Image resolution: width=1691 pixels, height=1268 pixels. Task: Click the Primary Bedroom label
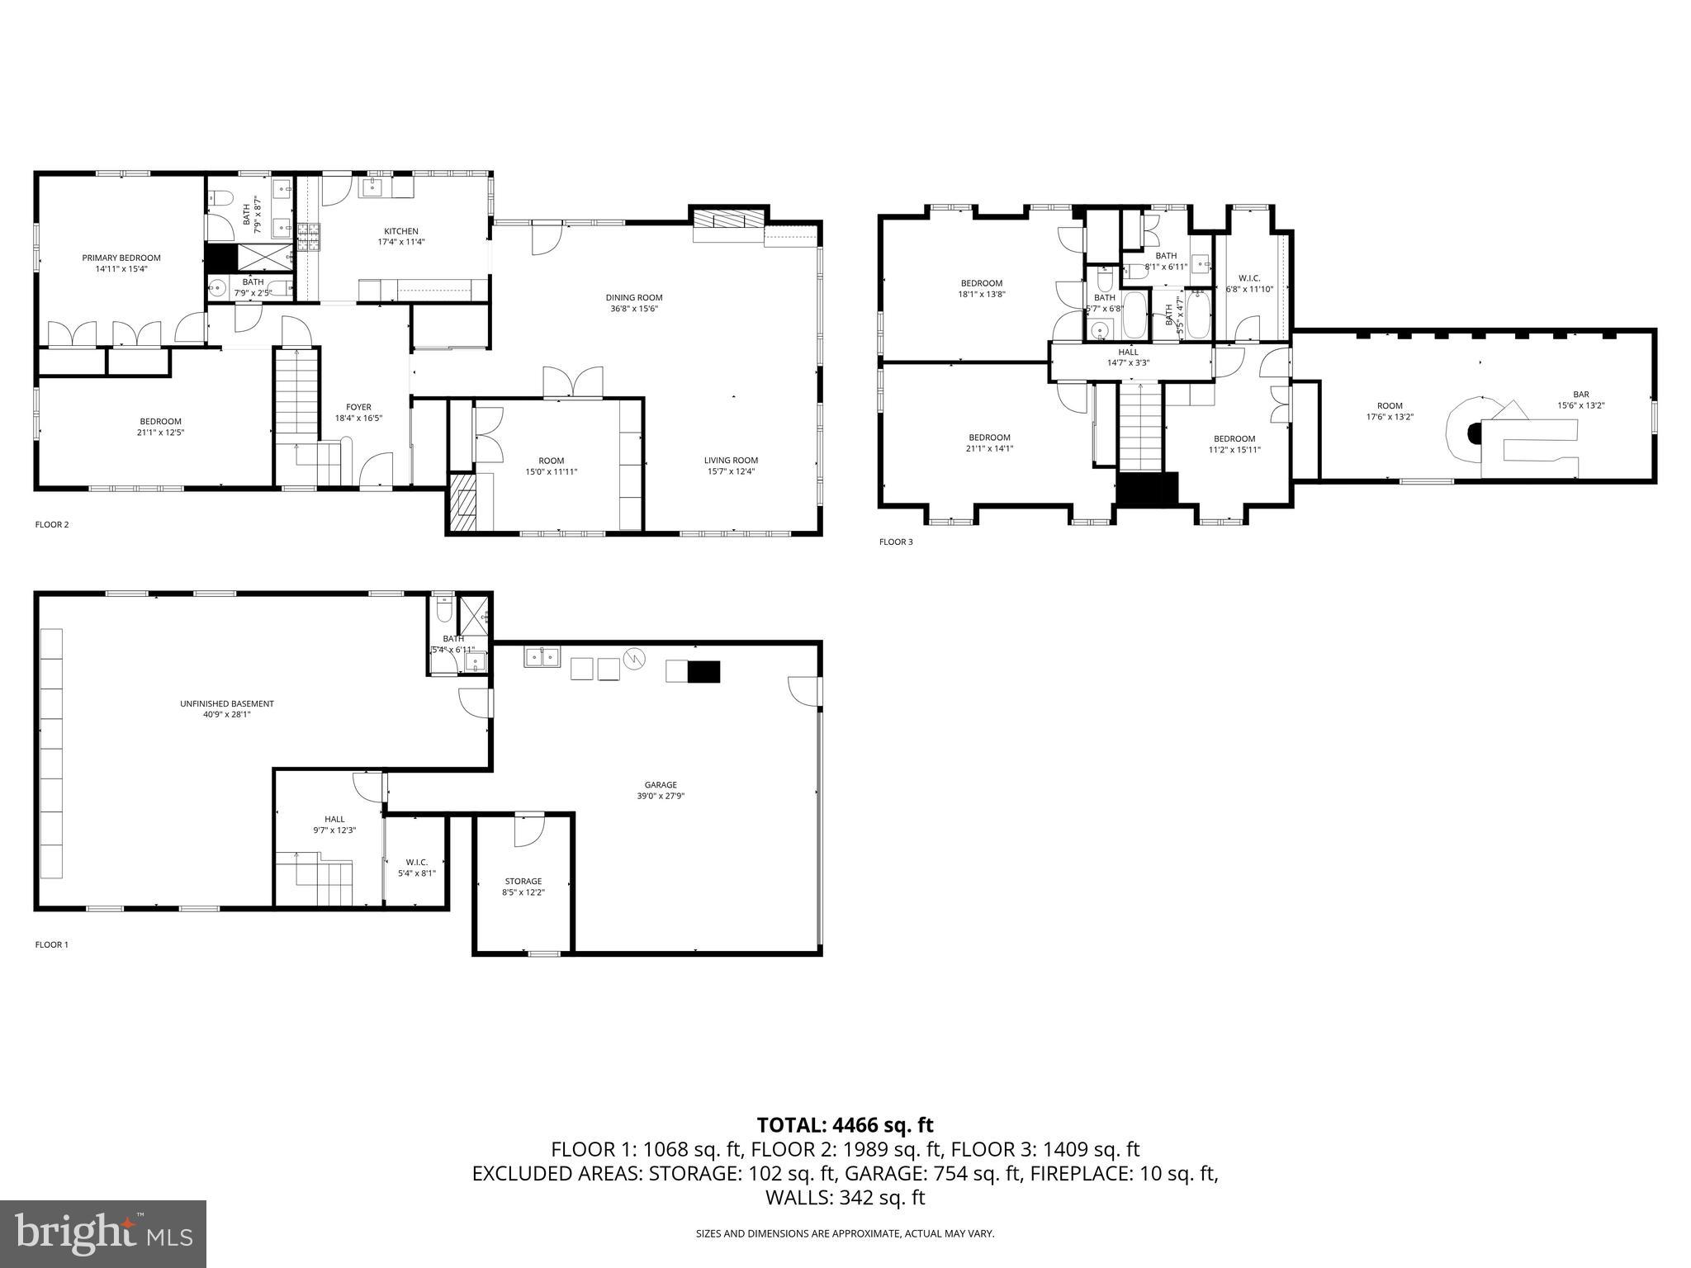click(121, 263)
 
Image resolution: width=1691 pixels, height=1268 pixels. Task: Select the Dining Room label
click(633, 303)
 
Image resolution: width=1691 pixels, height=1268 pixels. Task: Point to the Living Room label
click(731, 466)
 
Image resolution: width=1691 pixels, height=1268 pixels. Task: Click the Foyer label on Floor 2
click(358, 412)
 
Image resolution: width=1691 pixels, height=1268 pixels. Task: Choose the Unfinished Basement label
click(226, 709)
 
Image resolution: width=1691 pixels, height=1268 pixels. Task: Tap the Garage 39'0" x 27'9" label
click(661, 790)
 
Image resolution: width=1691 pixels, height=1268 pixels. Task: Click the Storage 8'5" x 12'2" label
click(523, 887)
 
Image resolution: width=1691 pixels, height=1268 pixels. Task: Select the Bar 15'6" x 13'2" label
click(1580, 400)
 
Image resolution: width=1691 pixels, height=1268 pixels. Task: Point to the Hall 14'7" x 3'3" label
click(1128, 357)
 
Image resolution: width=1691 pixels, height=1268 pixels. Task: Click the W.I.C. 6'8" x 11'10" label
click(1249, 283)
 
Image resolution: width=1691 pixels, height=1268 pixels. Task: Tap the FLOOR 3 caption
click(896, 542)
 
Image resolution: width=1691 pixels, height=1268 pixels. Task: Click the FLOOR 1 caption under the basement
click(51, 944)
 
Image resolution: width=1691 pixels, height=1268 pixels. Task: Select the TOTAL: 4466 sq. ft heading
click(845, 1125)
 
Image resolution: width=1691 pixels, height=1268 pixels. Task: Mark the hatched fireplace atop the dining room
click(729, 219)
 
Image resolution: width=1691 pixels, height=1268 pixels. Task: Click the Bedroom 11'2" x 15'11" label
click(1234, 444)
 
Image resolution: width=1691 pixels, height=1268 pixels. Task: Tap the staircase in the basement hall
click(314, 881)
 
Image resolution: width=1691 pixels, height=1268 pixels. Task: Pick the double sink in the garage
click(542, 657)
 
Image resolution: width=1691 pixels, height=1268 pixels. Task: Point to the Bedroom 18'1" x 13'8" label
click(981, 288)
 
